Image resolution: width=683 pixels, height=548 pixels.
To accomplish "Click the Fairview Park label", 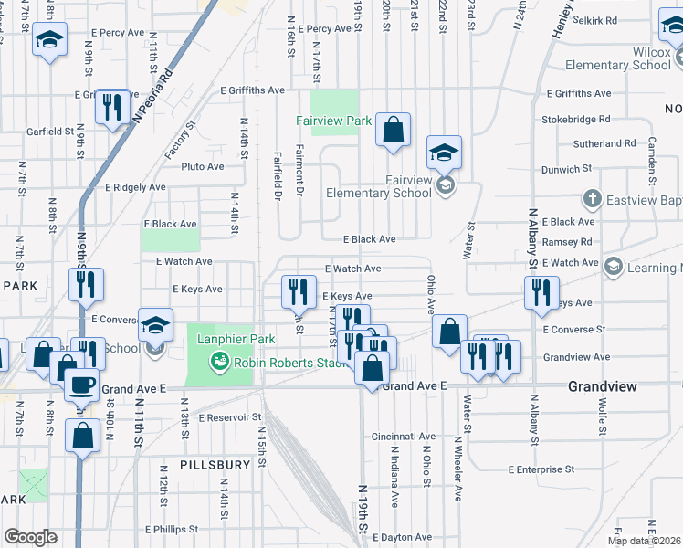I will [x=333, y=121].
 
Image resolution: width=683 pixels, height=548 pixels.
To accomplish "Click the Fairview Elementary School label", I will [x=379, y=186].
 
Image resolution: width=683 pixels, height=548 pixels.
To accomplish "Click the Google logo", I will [x=30, y=537].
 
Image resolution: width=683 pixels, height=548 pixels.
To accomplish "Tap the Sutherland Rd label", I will [x=604, y=144].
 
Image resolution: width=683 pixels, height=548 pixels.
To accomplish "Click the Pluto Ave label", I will [x=202, y=167].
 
